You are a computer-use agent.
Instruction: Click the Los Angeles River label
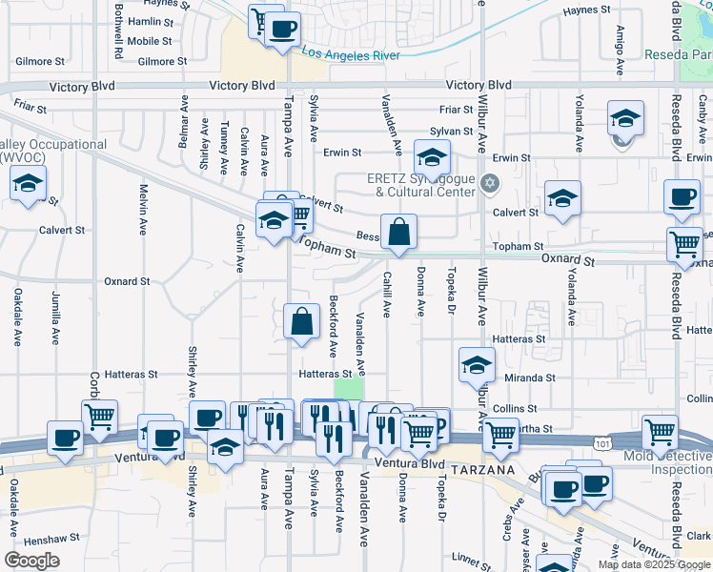click(352, 54)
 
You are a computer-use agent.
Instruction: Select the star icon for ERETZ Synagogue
click(490, 183)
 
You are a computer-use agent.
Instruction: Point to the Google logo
click(32, 561)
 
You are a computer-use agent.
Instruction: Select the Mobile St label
click(150, 41)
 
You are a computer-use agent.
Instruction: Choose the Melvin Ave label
click(144, 211)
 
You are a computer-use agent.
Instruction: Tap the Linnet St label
click(471, 556)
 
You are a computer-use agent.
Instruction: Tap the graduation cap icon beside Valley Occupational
click(28, 183)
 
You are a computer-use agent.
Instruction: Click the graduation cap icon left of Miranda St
click(477, 364)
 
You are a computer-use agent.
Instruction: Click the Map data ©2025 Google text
click(653, 564)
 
